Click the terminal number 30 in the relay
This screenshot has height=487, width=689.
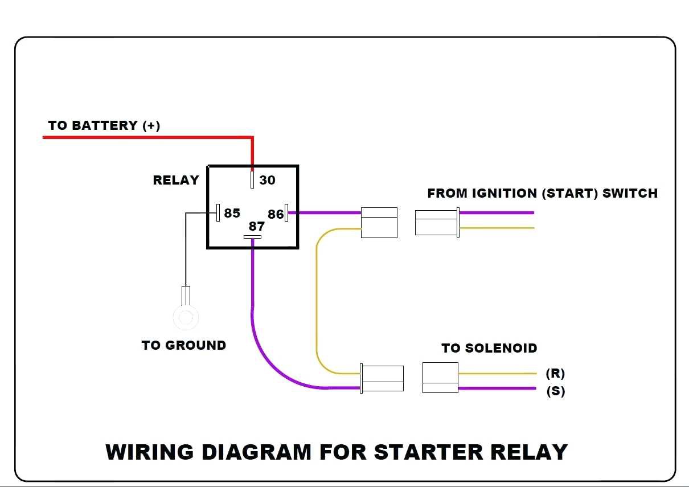(x=267, y=180)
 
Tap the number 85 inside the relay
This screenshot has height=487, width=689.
(x=232, y=213)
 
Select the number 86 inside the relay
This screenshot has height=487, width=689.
(x=275, y=214)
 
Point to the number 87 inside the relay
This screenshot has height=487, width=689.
(x=257, y=227)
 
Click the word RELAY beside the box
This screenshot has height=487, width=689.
(x=176, y=180)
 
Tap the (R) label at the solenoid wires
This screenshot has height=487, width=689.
(x=555, y=373)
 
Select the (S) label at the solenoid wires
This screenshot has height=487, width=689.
(x=556, y=391)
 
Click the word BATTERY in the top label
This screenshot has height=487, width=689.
(x=105, y=125)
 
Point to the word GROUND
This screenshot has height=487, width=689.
(x=196, y=345)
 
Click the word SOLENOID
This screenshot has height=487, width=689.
(x=501, y=348)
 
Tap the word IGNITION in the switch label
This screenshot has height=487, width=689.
(x=505, y=193)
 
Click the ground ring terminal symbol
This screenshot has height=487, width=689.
(x=186, y=317)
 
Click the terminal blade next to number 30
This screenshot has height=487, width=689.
(x=252, y=179)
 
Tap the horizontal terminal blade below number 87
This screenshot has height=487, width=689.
(x=252, y=237)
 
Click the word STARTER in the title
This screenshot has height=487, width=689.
(x=428, y=452)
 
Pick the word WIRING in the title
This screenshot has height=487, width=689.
(x=150, y=452)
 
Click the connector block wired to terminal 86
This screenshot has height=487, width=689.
(x=379, y=223)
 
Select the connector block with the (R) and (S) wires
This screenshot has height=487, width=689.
(x=440, y=378)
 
